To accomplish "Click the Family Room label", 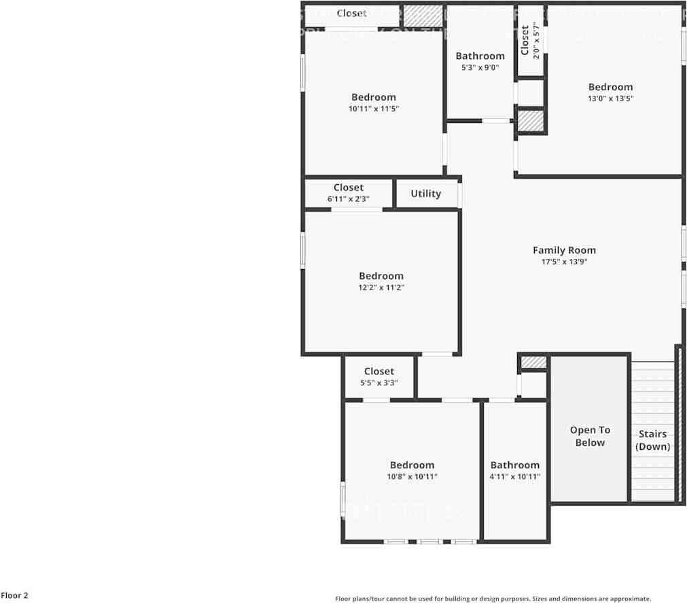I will [x=564, y=250].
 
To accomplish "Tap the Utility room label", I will [x=426, y=194].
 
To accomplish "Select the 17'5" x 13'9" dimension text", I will [x=564, y=262].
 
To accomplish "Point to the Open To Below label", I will [x=590, y=436].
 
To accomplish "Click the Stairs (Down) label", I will [x=652, y=440].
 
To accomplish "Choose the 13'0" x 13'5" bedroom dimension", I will [x=610, y=99].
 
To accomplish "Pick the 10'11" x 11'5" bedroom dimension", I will [x=373, y=109].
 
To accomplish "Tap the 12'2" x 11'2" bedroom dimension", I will [x=381, y=287].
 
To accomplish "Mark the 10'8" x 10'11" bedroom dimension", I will [x=412, y=477].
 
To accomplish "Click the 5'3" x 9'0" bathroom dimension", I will [x=480, y=68].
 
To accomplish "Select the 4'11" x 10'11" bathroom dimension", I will [x=515, y=477].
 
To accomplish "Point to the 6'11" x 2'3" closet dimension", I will [x=349, y=199].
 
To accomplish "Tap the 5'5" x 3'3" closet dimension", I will [x=379, y=383].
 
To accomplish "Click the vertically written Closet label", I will [x=525, y=41].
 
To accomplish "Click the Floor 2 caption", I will [x=14, y=596].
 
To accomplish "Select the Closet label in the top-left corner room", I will [x=351, y=14].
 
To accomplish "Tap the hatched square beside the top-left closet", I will [x=423, y=16].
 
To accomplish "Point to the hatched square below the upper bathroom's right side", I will [x=531, y=121].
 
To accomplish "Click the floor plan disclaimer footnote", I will [x=493, y=599].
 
